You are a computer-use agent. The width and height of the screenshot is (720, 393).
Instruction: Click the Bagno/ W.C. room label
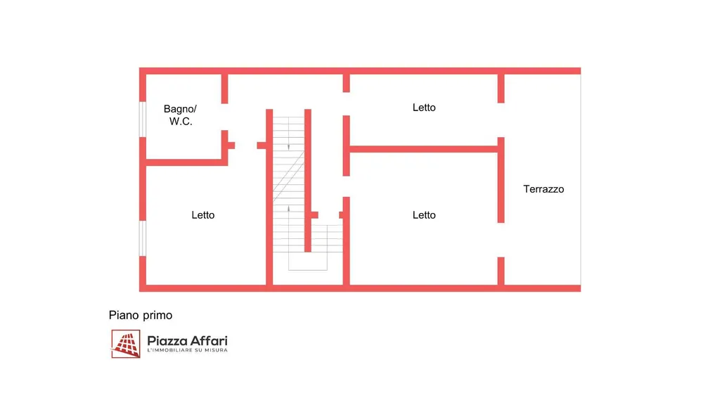tap(181, 115)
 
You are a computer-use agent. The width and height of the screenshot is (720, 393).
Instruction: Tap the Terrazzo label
tap(544, 189)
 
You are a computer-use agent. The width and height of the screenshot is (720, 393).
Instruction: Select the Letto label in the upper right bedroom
tap(424, 108)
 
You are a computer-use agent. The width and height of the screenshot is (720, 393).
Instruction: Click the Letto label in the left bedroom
tap(203, 215)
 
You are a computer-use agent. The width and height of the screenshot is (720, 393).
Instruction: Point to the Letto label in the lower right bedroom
tap(424, 215)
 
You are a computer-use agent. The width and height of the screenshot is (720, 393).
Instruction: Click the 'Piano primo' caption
tap(141, 315)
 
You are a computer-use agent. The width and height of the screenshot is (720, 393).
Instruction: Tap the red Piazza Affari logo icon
tap(126, 344)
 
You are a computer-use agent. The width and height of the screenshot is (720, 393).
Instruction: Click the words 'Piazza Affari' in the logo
tap(187, 341)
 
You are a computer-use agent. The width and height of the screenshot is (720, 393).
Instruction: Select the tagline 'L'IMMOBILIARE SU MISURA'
tap(187, 352)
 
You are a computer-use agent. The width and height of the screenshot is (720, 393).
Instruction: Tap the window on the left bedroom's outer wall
tap(142, 238)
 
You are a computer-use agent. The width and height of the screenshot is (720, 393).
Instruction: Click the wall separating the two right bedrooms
tap(424, 149)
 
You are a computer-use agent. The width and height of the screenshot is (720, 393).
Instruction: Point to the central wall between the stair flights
tap(308, 180)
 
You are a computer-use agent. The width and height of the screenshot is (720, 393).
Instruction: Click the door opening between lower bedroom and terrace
tap(501, 240)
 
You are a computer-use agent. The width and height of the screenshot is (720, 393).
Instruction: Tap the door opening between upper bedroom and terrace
tap(501, 120)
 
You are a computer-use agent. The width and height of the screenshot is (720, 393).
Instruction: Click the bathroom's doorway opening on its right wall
tap(225, 117)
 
